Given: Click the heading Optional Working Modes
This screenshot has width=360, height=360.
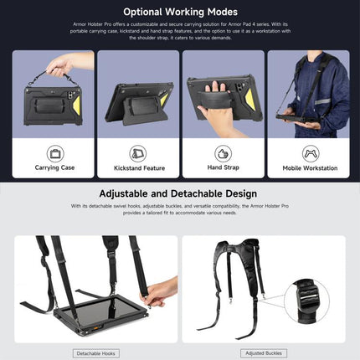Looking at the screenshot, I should coord(179,13).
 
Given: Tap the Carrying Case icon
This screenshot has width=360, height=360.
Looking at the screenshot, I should coord(55,154).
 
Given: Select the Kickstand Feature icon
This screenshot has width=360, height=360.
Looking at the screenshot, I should coord(138,154).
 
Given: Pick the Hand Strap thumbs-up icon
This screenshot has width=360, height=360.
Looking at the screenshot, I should coord(222,154).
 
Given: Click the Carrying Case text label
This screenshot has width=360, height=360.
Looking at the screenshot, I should coord(55,168).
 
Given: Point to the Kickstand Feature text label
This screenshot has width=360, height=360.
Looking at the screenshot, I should coord(138,168).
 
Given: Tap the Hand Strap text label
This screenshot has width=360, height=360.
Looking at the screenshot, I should coord(222,168).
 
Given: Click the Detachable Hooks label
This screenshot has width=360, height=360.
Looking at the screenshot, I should coord(95,354).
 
